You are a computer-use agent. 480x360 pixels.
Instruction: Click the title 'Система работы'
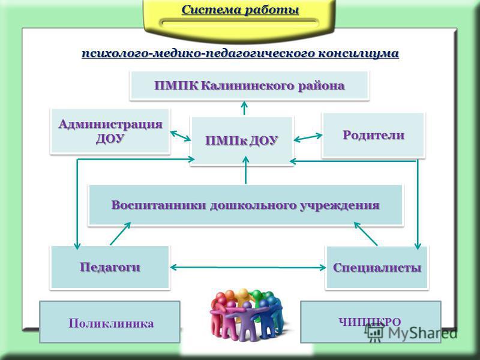tap(241, 10)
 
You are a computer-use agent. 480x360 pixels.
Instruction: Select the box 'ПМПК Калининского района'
tap(249, 85)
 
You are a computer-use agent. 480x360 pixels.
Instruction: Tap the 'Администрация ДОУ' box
tap(110, 131)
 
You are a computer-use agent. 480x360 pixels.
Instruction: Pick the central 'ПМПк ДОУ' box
tap(242, 141)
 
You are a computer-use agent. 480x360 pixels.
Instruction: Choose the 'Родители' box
tap(373, 135)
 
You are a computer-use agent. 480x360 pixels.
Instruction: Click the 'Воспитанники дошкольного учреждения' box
tap(245, 205)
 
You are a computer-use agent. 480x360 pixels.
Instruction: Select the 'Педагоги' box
tap(110, 267)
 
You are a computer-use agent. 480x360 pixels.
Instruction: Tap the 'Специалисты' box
tap(377, 268)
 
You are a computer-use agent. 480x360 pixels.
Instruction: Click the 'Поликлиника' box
tap(110, 322)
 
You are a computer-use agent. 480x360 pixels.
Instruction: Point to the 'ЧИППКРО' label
tap(370, 322)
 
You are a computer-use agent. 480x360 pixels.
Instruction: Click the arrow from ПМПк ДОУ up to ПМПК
tap(244, 108)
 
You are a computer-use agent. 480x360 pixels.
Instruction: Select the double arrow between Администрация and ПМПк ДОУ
tap(181, 136)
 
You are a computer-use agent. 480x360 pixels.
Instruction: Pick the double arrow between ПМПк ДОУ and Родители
tap(308, 137)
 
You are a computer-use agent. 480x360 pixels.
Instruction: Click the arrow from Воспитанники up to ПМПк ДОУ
tap(245, 170)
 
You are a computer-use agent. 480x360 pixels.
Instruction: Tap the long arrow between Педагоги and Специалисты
tap(248, 268)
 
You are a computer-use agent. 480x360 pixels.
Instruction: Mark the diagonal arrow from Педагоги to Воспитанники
tap(121, 233)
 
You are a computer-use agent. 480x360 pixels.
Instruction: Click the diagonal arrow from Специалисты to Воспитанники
tap(366, 233)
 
